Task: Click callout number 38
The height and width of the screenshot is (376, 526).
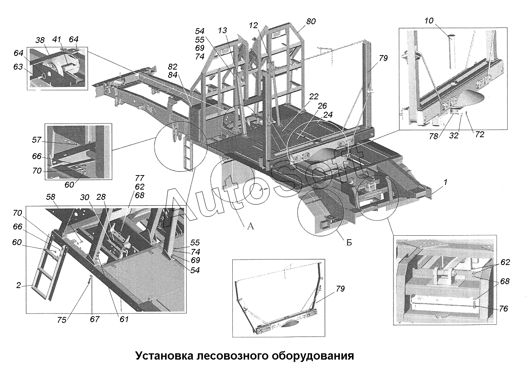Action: click(x=40, y=40)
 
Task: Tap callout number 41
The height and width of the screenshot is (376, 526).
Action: click(x=57, y=39)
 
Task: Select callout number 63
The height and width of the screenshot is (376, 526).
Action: click(x=18, y=67)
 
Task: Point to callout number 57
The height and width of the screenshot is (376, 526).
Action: click(x=37, y=140)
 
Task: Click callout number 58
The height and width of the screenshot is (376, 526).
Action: click(x=51, y=197)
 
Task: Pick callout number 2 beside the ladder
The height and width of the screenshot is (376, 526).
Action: click(x=18, y=285)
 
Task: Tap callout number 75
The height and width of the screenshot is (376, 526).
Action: click(x=62, y=320)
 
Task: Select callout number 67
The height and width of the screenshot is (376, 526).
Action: click(x=95, y=319)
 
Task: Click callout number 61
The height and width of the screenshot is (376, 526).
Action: click(x=124, y=319)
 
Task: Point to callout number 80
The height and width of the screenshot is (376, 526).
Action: click(x=311, y=21)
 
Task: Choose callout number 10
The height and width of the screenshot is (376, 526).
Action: click(x=429, y=21)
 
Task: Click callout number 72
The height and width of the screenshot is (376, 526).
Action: click(x=479, y=134)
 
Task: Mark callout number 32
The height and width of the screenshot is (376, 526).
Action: click(x=454, y=135)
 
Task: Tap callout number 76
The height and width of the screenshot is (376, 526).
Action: click(x=503, y=309)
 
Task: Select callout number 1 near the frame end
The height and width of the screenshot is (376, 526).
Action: click(x=445, y=182)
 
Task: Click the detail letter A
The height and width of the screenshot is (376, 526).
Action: click(x=251, y=226)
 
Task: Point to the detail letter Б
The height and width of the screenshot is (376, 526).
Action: click(x=349, y=242)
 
